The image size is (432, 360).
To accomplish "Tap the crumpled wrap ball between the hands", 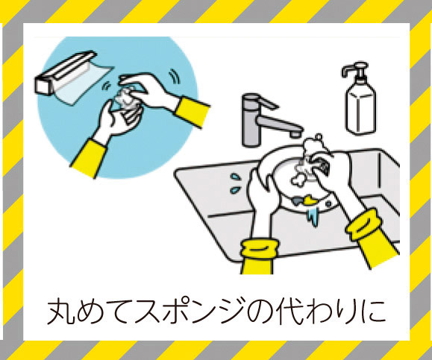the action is pos(125,98).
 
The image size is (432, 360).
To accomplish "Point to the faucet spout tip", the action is pos(296,133).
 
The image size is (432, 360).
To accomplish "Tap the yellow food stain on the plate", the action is pos(310,200).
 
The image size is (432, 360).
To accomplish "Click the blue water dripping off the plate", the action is pos(313,216).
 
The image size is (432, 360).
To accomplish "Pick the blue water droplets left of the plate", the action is pos(235,183).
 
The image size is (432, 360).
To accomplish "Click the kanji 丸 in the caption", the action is pos(60,312).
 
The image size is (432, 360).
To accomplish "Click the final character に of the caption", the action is pos(372,312).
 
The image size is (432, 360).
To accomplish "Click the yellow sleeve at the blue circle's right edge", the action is pos(192,112).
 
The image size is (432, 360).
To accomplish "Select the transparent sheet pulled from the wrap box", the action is pos(84,83).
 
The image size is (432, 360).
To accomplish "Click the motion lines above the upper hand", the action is pos(175,76).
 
